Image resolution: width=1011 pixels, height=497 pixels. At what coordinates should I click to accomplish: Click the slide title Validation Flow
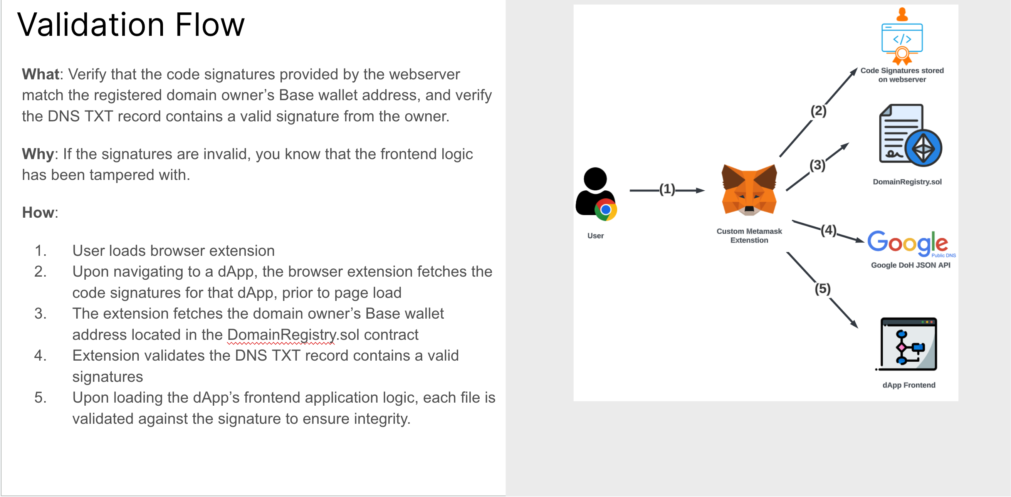click(x=131, y=25)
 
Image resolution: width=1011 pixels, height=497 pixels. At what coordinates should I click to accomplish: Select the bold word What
click(x=40, y=74)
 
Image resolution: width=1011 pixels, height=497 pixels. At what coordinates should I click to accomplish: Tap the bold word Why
click(x=37, y=154)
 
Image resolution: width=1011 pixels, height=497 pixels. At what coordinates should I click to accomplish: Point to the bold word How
click(x=38, y=212)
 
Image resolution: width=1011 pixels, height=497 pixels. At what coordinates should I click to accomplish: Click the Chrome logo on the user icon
click(x=606, y=210)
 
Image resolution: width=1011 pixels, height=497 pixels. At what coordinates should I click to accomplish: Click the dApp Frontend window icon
click(x=908, y=344)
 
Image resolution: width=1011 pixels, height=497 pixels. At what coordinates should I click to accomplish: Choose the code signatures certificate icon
click(x=902, y=37)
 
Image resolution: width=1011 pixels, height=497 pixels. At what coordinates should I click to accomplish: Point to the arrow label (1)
click(x=667, y=190)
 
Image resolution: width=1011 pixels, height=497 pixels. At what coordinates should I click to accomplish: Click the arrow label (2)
click(x=818, y=111)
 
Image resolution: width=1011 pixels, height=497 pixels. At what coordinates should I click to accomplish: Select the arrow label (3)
click(x=817, y=165)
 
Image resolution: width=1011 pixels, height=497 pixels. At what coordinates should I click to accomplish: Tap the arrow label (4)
click(x=828, y=230)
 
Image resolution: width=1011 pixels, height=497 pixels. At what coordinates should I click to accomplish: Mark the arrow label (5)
click(x=822, y=289)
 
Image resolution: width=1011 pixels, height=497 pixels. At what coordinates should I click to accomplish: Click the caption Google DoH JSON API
click(x=910, y=265)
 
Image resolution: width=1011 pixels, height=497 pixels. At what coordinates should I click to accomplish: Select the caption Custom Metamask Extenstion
click(x=749, y=236)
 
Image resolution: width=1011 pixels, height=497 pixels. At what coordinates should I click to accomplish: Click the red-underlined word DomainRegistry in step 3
click(x=281, y=335)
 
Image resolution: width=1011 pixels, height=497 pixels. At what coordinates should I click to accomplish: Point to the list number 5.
click(x=40, y=398)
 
